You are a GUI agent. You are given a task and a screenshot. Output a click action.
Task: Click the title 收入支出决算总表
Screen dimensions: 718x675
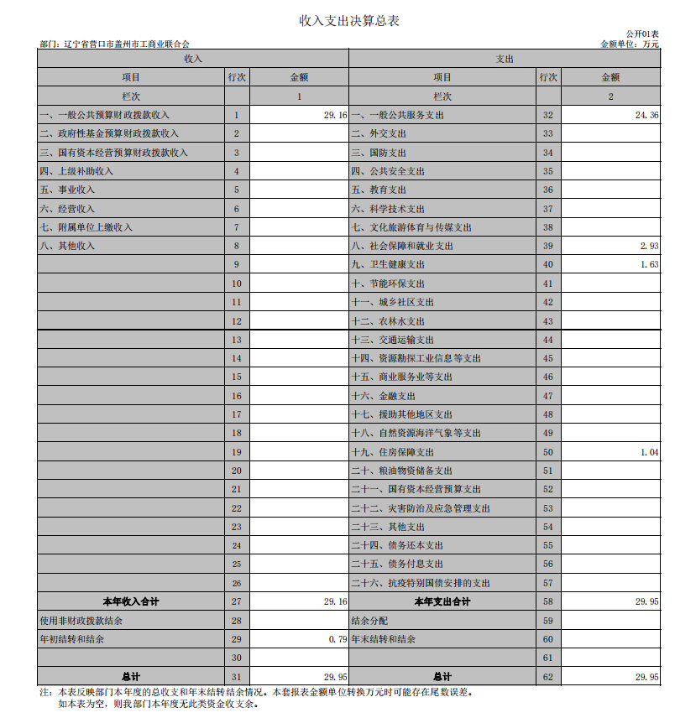tap(337, 21)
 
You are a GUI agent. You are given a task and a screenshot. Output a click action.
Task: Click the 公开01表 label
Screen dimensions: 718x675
tap(642, 34)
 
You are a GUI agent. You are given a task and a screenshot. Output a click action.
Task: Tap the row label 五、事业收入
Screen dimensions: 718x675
tap(67, 190)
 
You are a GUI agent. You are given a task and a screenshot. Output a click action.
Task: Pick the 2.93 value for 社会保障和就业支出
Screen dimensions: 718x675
tap(648, 246)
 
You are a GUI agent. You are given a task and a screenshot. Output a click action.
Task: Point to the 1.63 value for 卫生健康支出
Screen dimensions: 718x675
tap(648, 264)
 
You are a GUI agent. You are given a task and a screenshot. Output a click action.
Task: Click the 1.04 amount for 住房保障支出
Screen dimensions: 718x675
tap(648, 452)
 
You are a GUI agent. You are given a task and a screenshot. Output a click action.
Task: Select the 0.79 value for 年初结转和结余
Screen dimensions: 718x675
tap(337, 639)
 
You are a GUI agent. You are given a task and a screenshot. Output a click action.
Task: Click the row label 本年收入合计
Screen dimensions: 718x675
tap(130, 602)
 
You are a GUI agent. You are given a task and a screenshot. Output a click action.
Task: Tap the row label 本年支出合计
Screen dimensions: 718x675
tap(442, 602)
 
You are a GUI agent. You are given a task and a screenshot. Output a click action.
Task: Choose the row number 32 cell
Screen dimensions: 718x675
tap(548, 115)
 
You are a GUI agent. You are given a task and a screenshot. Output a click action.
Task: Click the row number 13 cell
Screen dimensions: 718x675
tap(237, 340)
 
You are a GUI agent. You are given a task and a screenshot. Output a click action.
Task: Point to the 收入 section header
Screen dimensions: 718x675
tap(192, 59)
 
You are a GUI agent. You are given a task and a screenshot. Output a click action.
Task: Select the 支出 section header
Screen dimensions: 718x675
tap(505, 59)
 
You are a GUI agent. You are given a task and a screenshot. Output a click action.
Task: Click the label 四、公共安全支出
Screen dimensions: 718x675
tap(388, 171)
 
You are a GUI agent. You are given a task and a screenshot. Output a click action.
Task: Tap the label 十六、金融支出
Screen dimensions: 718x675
tap(383, 396)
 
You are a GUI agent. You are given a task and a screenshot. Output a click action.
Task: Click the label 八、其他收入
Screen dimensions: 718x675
tap(67, 246)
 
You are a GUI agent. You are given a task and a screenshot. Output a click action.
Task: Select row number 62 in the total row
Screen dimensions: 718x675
tap(548, 676)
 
